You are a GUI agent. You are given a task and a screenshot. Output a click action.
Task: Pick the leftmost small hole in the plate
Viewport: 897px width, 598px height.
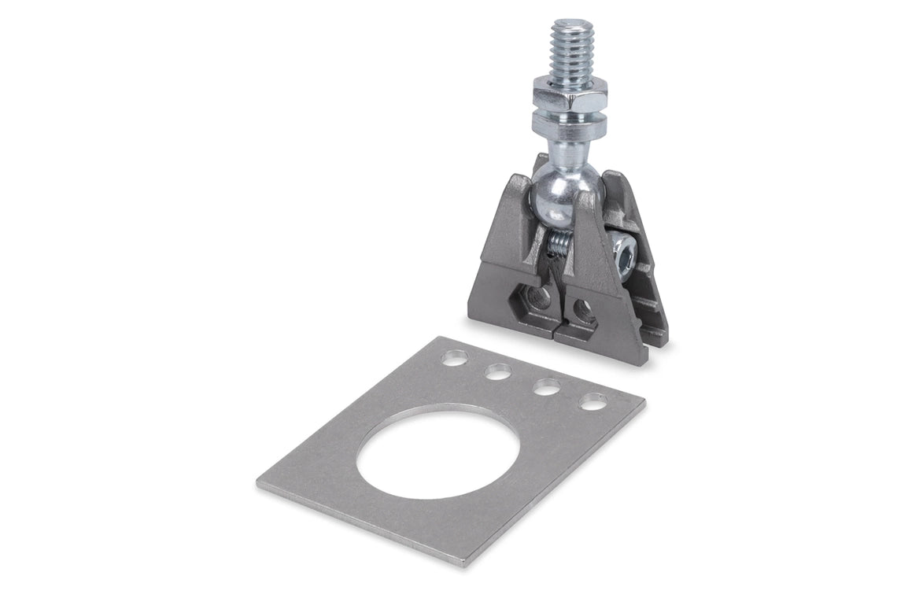453,359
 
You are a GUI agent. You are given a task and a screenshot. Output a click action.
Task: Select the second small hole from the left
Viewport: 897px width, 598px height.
496,372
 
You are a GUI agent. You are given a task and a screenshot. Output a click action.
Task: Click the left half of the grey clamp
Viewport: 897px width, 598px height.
511,260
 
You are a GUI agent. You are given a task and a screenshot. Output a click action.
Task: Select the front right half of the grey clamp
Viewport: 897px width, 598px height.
606,307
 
